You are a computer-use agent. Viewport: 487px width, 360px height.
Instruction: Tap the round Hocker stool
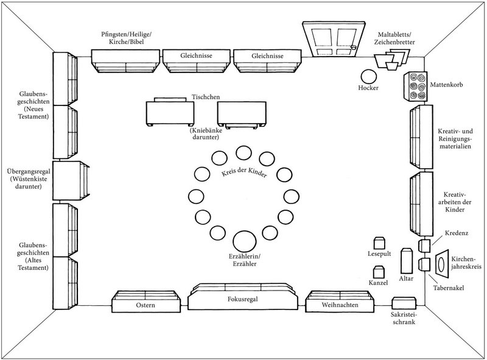pos(369,76)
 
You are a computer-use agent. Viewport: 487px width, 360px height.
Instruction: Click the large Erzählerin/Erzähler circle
pos(244,240)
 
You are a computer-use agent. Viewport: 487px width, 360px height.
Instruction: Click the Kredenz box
pos(424,245)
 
